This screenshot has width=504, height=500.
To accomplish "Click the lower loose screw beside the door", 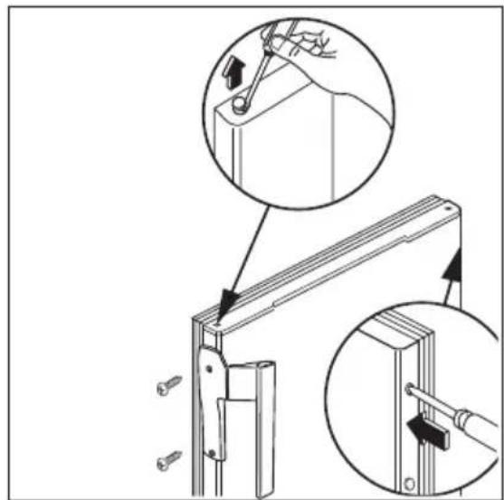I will point(167,460).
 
